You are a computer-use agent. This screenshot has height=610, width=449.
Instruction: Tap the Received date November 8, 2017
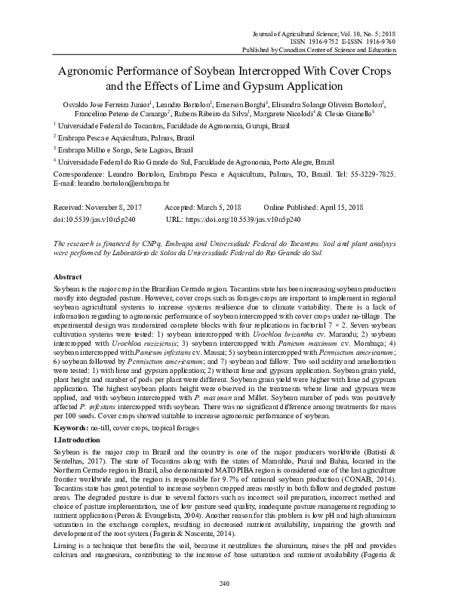pyautogui.click(x=114, y=207)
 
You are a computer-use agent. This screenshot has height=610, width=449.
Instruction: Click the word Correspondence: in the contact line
pyautogui.click(x=79, y=173)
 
